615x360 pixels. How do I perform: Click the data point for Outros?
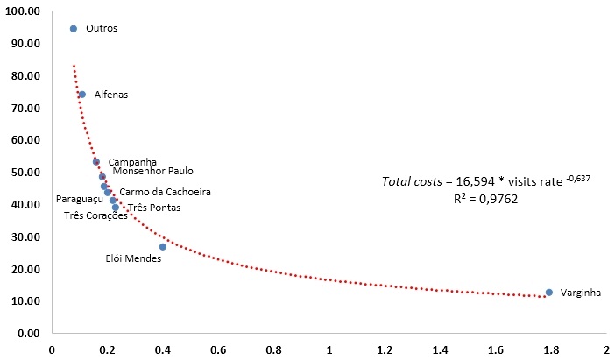point(74,28)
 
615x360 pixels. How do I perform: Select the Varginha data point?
point(549,293)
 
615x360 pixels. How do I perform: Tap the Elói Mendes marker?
point(163,247)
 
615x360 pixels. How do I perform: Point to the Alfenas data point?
point(82,95)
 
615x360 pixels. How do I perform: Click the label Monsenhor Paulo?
point(152,172)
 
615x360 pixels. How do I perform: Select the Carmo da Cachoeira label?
point(165,192)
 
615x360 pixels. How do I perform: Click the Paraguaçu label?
point(80,199)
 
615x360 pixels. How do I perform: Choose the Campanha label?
point(132,161)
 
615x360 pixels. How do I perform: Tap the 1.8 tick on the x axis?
point(550,349)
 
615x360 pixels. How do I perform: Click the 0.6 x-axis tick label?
point(218,349)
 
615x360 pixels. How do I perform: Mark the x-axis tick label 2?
point(605,349)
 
